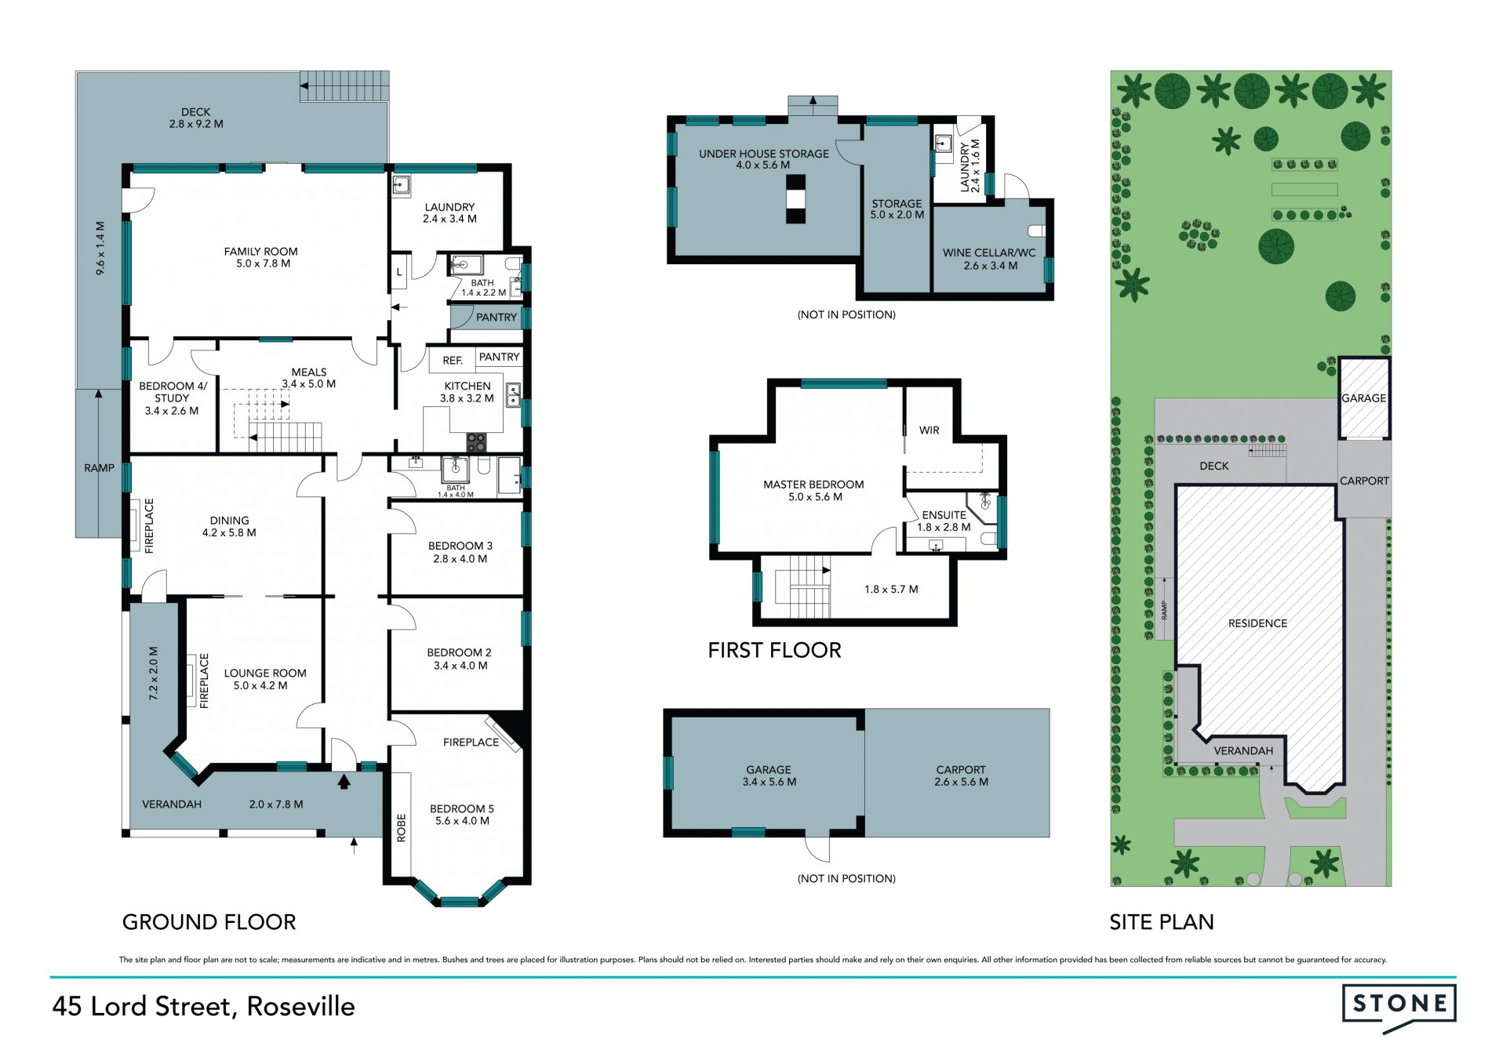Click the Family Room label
pyautogui.click(x=260, y=252)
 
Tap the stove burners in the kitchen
pyautogui.click(x=476, y=443)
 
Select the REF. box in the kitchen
pyautogui.click(x=453, y=361)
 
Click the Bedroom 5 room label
pyautogui.click(x=462, y=808)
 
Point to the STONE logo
pyautogui.click(x=1399, y=1007)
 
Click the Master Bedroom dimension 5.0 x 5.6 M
pyautogui.click(x=815, y=497)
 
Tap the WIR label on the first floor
pyautogui.click(x=929, y=430)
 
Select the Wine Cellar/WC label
pyautogui.click(x=989, y=253)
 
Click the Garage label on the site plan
pyautogui.click(x=1364, y=398)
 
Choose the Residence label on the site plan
pyautogui.click(x=1257, y=623)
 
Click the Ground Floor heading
pyautogui.click(x=209, y=922)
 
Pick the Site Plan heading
pyautogui.click(x=1162, y=922)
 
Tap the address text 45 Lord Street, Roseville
pyautogui.click(x=204, y=1007)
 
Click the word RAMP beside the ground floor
pyautogui.click(x=99, y=468)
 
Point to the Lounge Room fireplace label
pyautogui.click(x=204, y=681)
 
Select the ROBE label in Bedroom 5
pyautogui.click(x=402, y=828)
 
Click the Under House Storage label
pyautogui.click(x=764, y=154)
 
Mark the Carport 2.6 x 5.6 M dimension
pyautogui.click(x=961, y=782)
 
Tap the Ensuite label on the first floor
pyautogui.click(x=944, y=515)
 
